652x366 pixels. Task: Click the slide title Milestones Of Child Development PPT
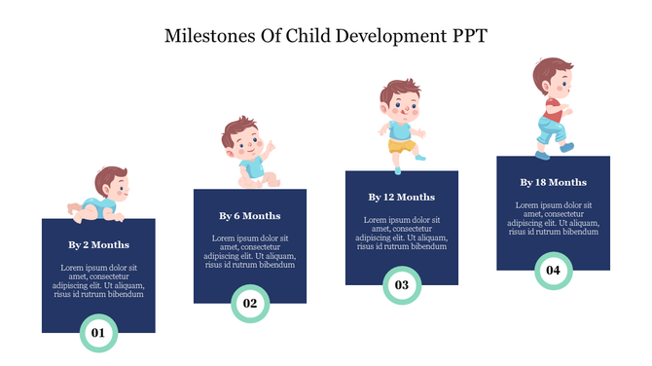pyautogui.click(x=326, y=37)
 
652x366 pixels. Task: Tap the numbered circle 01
pyautogui.click(x=98, y=334)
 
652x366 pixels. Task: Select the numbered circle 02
pyautogui.click(x=250, y=304)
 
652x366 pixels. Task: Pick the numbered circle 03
pyautogui.click(x=402, y=285)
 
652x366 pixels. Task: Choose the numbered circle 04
pyautogui.click(x=553, y=270)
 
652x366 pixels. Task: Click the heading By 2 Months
pyautogui.click(x=98, y=244)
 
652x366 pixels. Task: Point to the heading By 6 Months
pyautogui.click(x=250, y=215)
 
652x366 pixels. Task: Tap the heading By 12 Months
pyautogui.click(x=402, y=197)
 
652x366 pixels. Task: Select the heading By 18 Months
pyautogui.click(x=553, y=182)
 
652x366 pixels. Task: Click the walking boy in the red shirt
pyautogui.click(x=551, y=107)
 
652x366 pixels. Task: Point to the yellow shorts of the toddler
pyautogui.click(x=402, y=145)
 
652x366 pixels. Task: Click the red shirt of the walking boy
pyautogui.click(x=553, y=106)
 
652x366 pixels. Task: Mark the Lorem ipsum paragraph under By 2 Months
pyautogui.click(x=98, y=280)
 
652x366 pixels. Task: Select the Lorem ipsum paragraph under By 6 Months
pyautogui.click(x=250, y=251)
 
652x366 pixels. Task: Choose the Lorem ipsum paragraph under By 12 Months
pyautogui.click(x=402, y=234)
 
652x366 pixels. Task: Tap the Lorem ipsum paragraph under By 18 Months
pyautogui.click(x=553, y=219)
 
